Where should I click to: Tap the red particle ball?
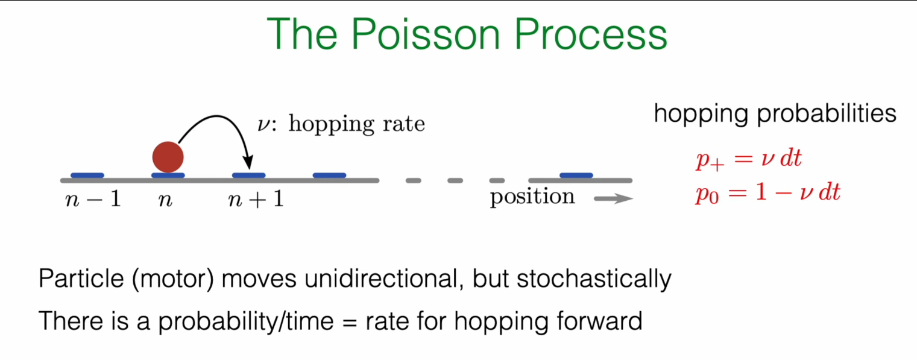pos(168,156)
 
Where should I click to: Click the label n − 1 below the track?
pos(92,200)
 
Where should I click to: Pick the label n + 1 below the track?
pos(256,200)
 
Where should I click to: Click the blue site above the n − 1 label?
pos(87,175)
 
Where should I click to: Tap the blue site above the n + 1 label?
pos(248,175)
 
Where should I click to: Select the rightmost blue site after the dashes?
pos(576,175)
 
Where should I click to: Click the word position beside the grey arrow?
pos(532,197)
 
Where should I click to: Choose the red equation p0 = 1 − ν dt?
pos(767,193)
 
